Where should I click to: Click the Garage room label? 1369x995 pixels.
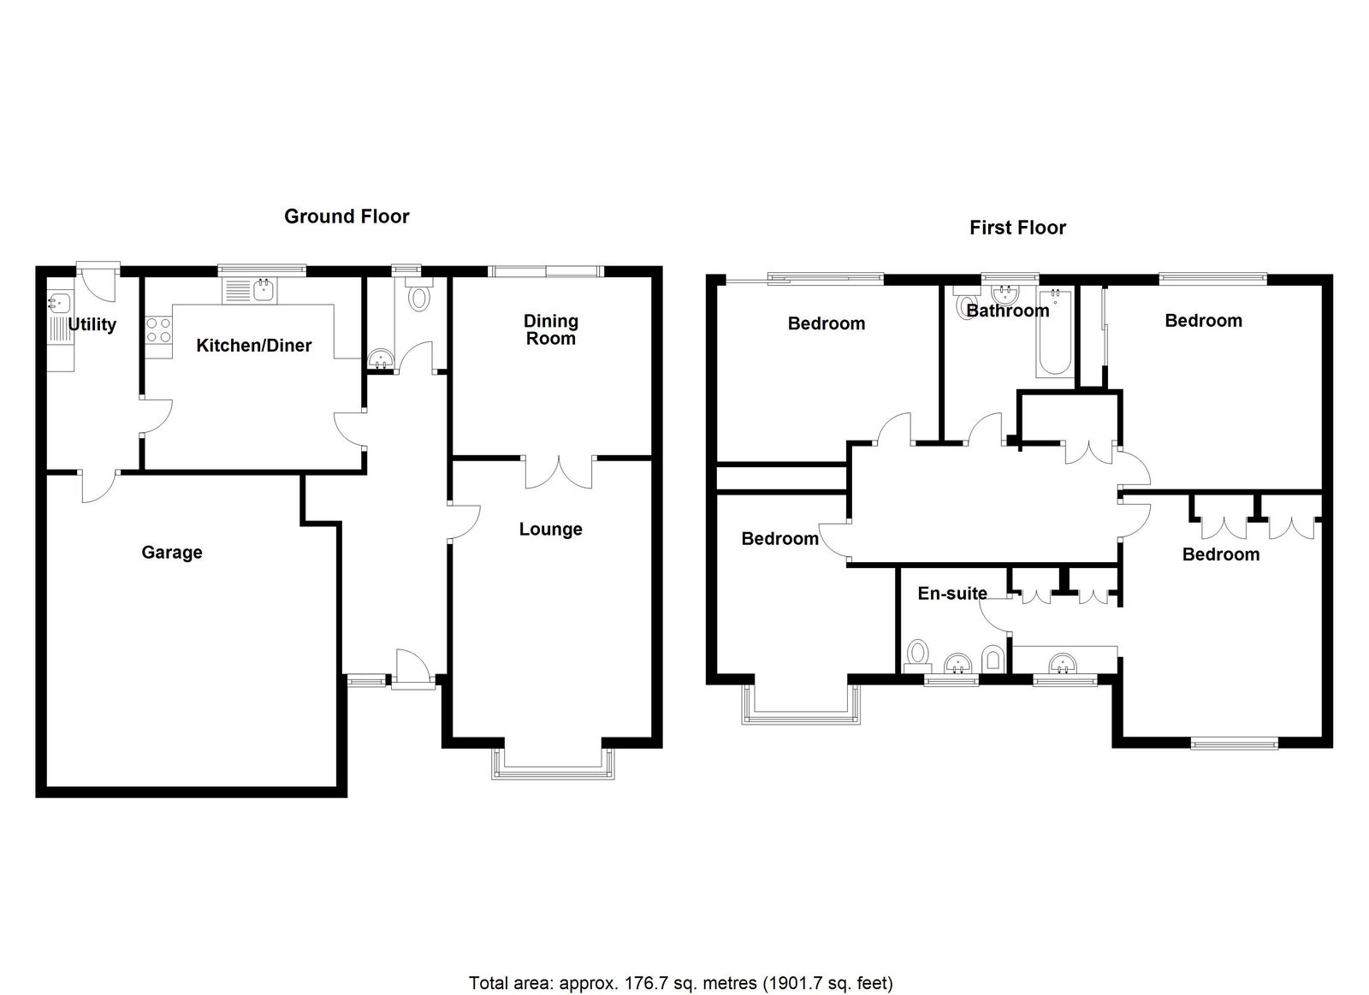pos(172,553)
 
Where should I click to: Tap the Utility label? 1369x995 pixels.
pos(92,324)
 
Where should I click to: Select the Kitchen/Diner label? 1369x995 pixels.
pos(253,346)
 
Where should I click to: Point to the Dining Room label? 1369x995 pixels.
pos(551,329)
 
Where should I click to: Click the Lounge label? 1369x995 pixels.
pos(551,530)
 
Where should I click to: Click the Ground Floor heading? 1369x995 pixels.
pos(347,216)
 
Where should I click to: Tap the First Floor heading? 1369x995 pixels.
pos(1017,228)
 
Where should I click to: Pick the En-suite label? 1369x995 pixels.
pos(952,594)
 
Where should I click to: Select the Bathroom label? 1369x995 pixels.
pos(1008,311)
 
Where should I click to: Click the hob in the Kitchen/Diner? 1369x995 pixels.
pos(158,330)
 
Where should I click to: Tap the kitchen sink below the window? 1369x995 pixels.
pos(250,290)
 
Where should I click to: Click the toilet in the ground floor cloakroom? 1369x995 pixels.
pos(419,294)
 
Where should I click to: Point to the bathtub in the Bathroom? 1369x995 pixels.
pos(1054,333)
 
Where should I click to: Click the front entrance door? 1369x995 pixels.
pos(412,670)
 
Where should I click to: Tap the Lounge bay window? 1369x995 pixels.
pos(552,764)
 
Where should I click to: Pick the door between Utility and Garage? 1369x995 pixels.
pos(98,487)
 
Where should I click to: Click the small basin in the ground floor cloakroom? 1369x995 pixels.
pos(382,359)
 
